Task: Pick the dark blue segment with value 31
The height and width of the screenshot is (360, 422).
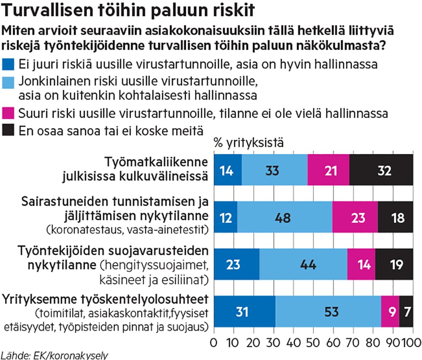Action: click(x=245, y=312)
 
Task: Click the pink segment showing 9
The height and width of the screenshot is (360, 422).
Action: click(x=390, y=312)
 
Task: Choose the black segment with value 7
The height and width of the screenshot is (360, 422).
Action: click(x=406, y=312)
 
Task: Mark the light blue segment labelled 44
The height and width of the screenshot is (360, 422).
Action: click(x=303, y=264)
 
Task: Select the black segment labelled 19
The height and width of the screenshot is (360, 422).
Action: click(x=394, y=264)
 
